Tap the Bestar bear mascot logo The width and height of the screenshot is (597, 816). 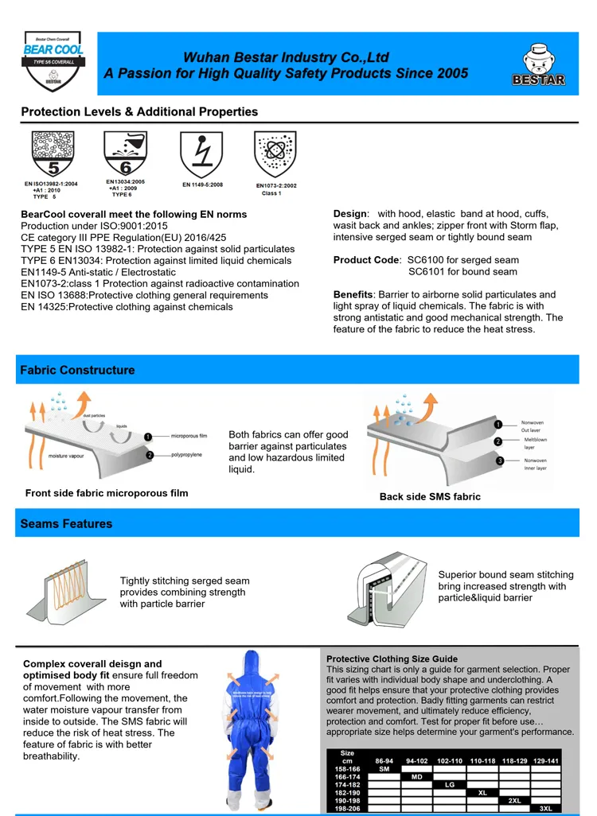[x=539, y=64]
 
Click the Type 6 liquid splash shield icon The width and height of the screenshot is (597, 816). [x=125, y=153]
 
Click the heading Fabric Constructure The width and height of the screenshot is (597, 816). [x=77, y=370]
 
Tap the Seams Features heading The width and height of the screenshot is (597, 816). [x=66, y=523]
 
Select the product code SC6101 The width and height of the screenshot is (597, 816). [x=427, y=272]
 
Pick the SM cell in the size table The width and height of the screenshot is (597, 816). [x=384, y=769]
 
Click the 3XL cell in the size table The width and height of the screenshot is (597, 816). [x=545, y=808]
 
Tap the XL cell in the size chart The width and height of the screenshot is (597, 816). [x=482, y=792]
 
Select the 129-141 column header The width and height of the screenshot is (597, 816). [x=545, y=760]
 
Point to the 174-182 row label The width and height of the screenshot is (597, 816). [x=347, y=784]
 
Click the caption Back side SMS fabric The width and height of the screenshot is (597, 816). [x=430, y=496]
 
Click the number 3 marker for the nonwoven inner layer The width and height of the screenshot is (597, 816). [x=498, y=461]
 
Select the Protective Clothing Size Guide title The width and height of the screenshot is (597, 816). [x=392, y=659]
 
